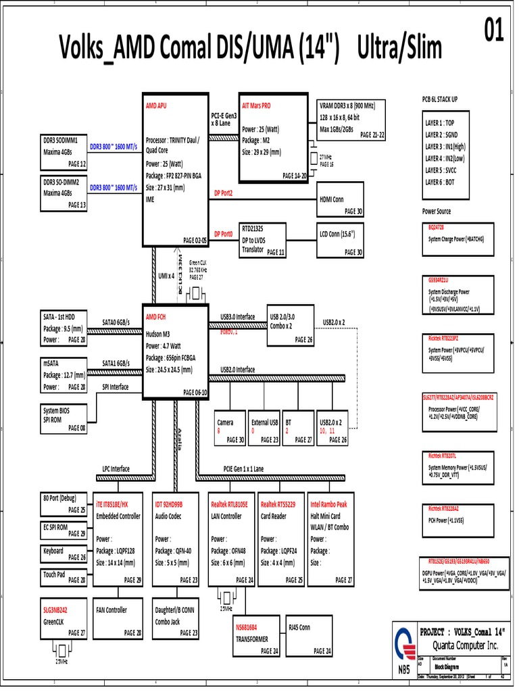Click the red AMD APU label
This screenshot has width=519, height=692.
pyautogui.click(x=156, y=107)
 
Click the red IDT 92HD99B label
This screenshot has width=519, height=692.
pyautogui.click(x=169, y=504)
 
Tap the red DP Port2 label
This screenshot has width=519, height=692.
pyautogui.click(x=223, y=193)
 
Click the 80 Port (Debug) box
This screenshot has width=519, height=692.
pyautogui.click(x=64, y=503)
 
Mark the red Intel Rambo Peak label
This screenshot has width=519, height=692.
pyautogui.click(x=328, y=504)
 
